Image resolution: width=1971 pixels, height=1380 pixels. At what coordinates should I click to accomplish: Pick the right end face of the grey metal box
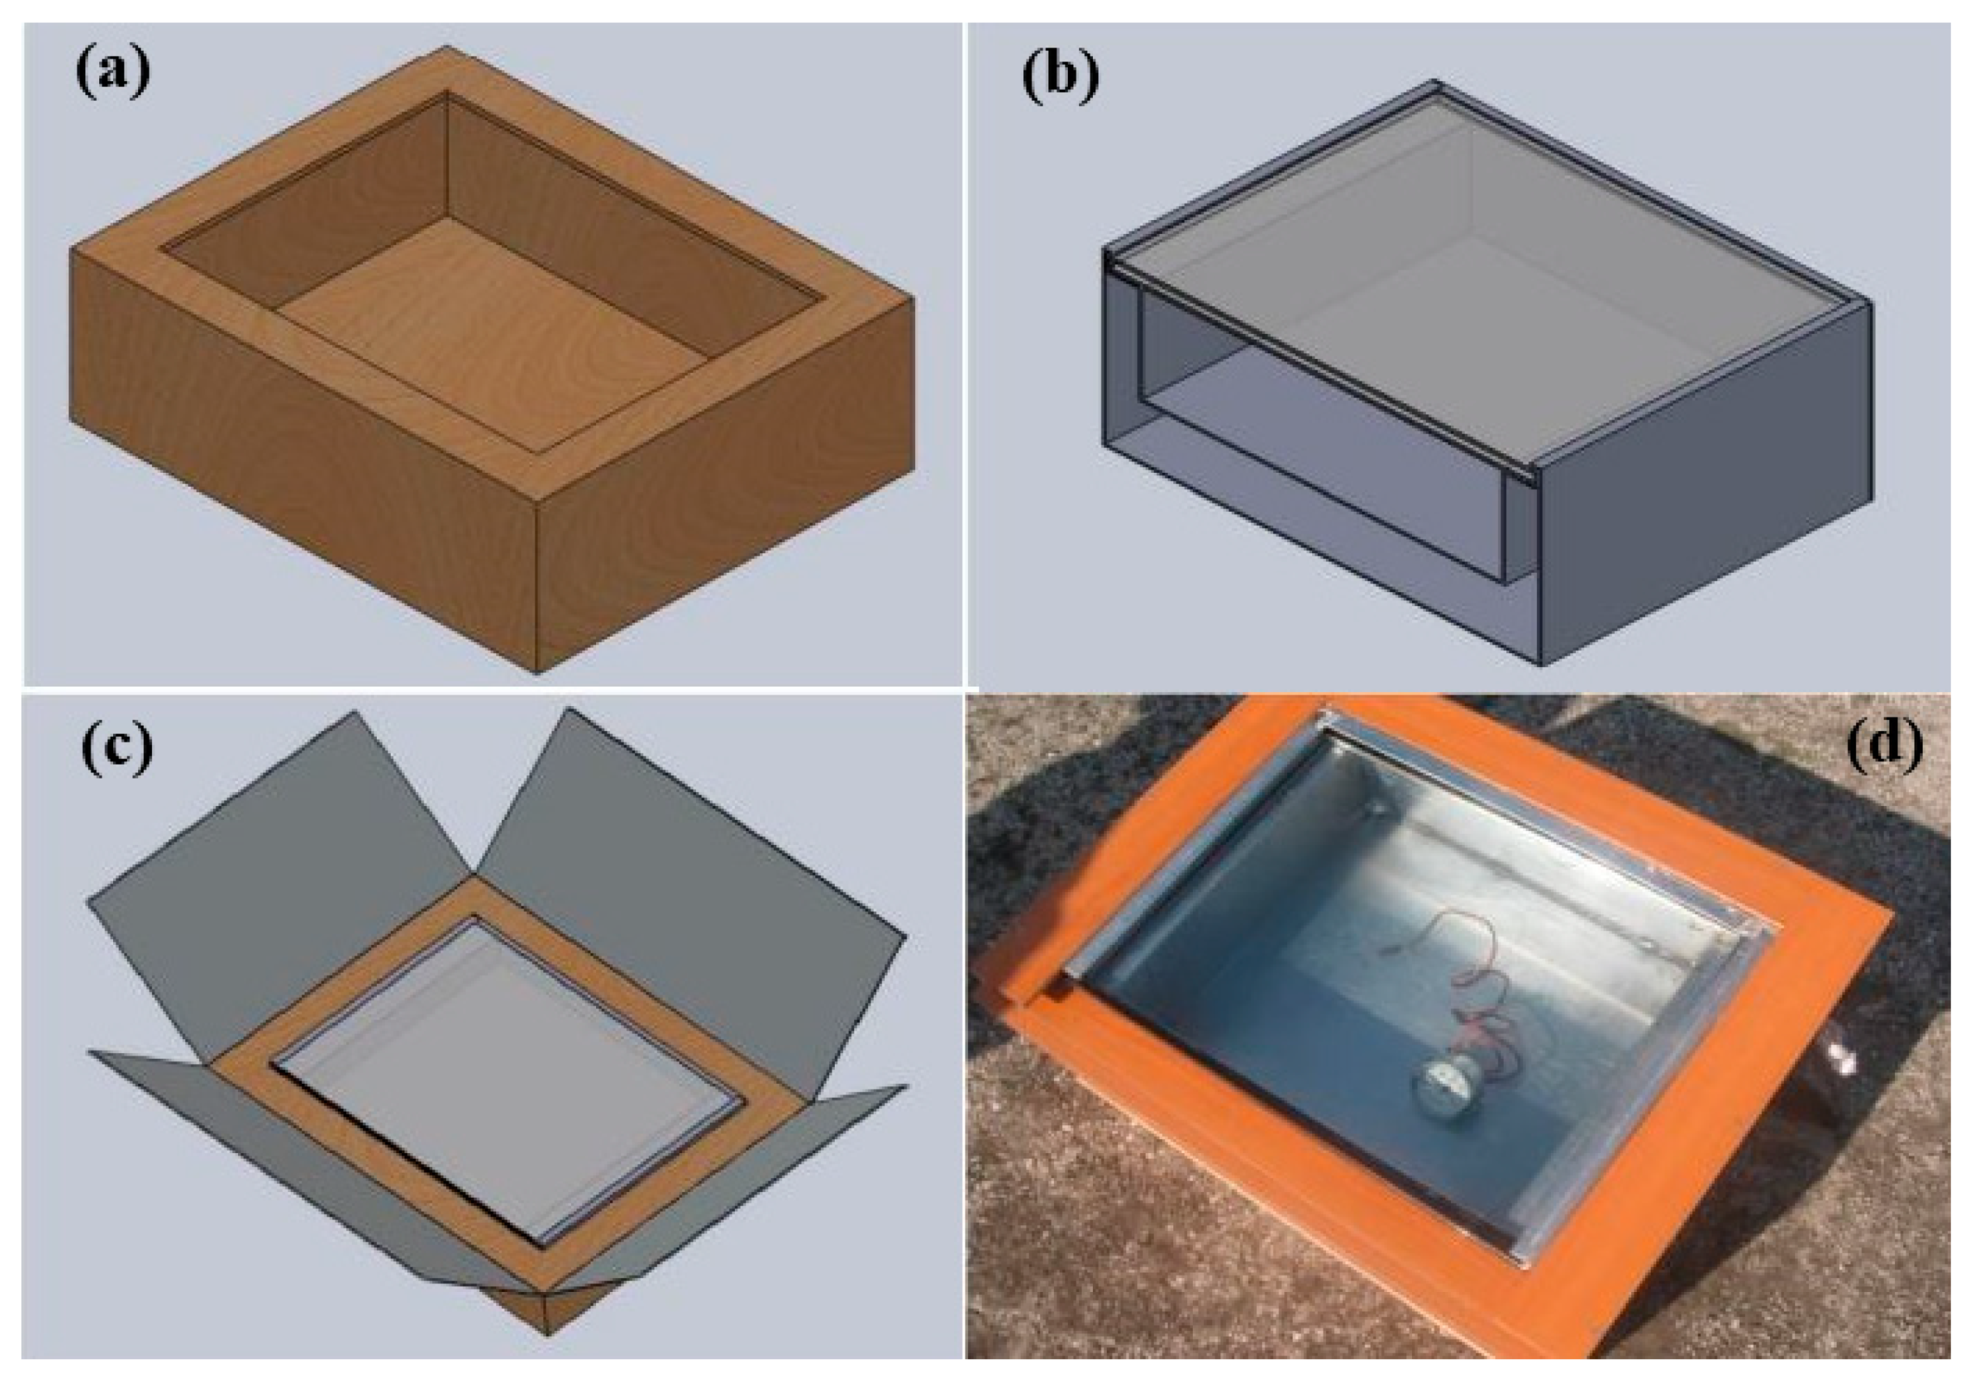coord(1704,481)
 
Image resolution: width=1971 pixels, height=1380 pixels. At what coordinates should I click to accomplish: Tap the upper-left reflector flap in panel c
coord(275,867)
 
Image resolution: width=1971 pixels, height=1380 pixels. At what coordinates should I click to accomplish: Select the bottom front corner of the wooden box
coord(537,670)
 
